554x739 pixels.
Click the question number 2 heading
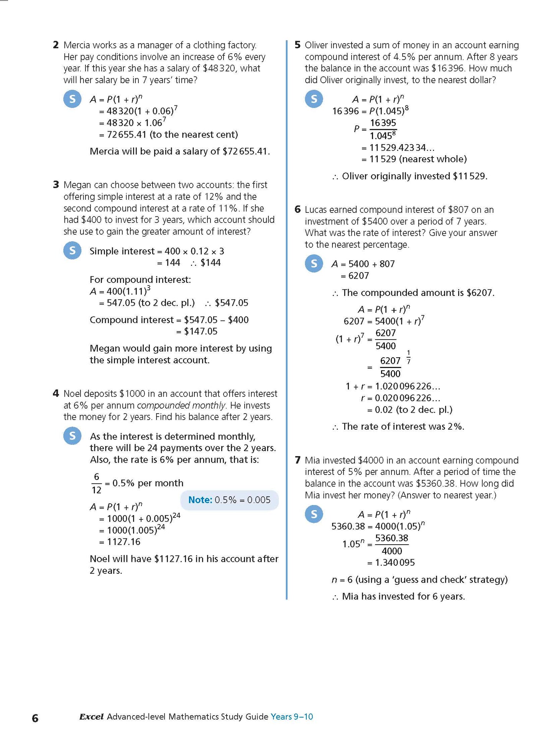(56, 45)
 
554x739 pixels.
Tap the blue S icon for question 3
(72, 250)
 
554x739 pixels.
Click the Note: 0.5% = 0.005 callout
(229, 500)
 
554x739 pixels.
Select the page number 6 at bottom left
(35, 718)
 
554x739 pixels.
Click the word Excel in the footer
(91, 716)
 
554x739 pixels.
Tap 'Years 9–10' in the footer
(292, 716)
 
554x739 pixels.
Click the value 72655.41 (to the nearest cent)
(172, 135)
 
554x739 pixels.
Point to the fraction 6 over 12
(97, 483)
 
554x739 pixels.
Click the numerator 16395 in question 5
(383, 123)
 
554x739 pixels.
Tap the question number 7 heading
(298, 460)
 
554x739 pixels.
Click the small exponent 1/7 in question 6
(408, 357)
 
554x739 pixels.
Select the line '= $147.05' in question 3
(197, 331)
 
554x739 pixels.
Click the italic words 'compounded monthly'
(181, 405)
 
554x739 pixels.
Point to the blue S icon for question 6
(314, 263)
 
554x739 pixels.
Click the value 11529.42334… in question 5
(402, 148)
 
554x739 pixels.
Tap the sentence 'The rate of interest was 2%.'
(403, 426)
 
